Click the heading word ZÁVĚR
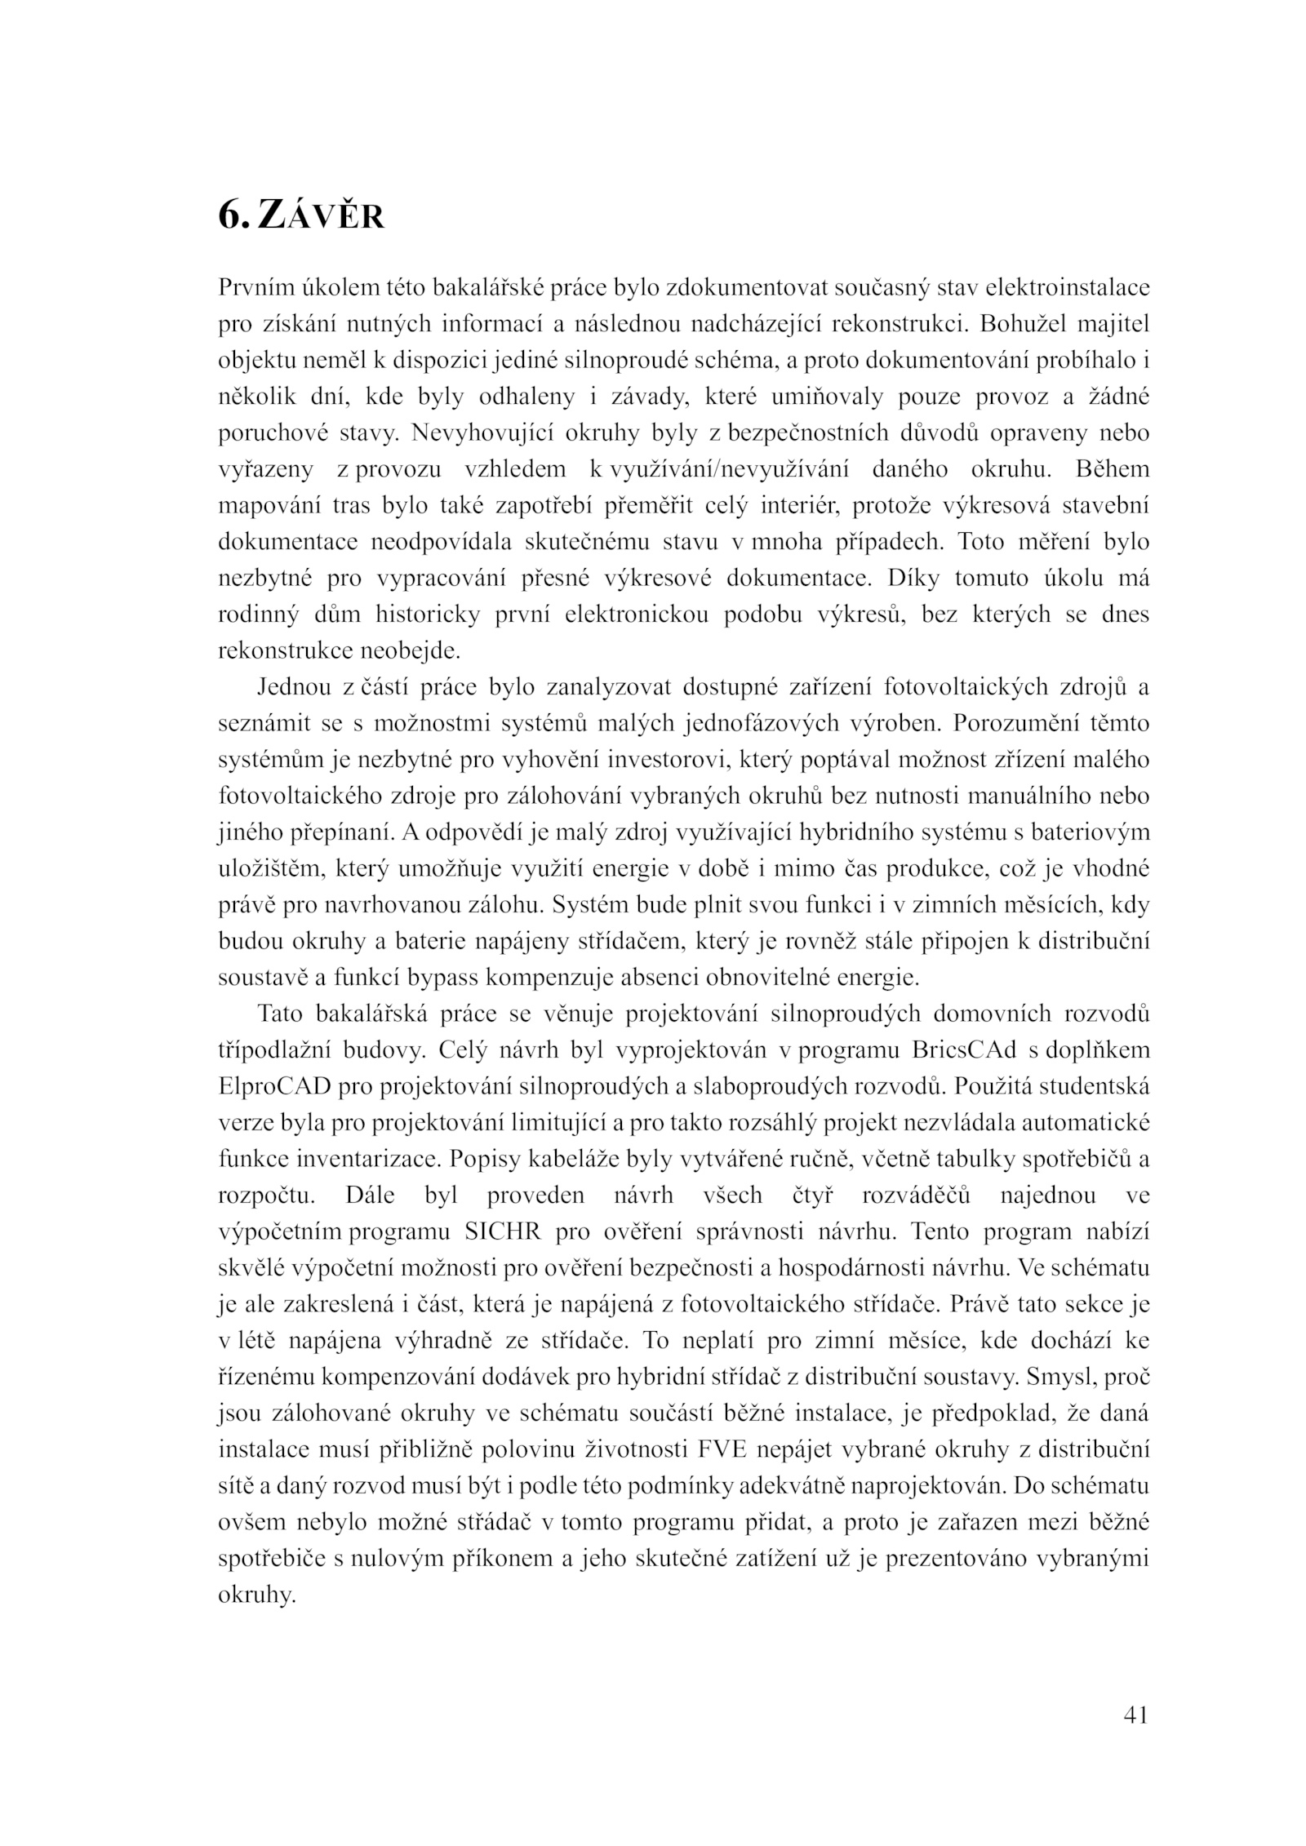pyautogui.click(x=321, y=215)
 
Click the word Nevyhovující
pyautogui.click(x=473, y=433)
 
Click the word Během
pyautogui.click(x=1113, y=469)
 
